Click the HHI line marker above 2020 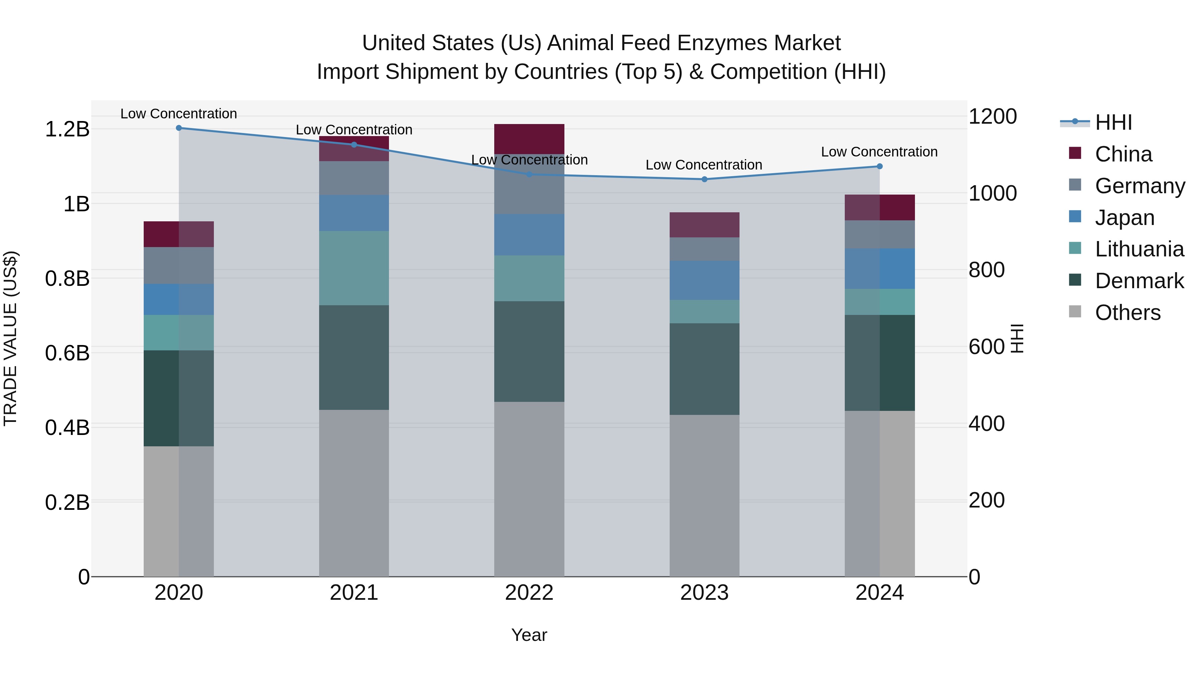click(x=179, y=128)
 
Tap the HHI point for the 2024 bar click(x=880, y=166)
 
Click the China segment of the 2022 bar click(x=529, y=139)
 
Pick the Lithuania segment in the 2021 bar click(x=354, y=268)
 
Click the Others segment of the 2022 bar click(x=529, y=489)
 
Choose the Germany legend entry click(x=1140, y=186)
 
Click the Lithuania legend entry click(x=1139, y=249)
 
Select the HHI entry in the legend click(x=1113, y=122)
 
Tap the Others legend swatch click(x=1075, y=312)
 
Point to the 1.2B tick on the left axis click(x=67, y=129)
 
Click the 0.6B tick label click(x=67, y=353)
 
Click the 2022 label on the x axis click(x=529, y=592)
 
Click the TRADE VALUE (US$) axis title click(x=10, y=338)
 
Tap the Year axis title click(x=529, y=635)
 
